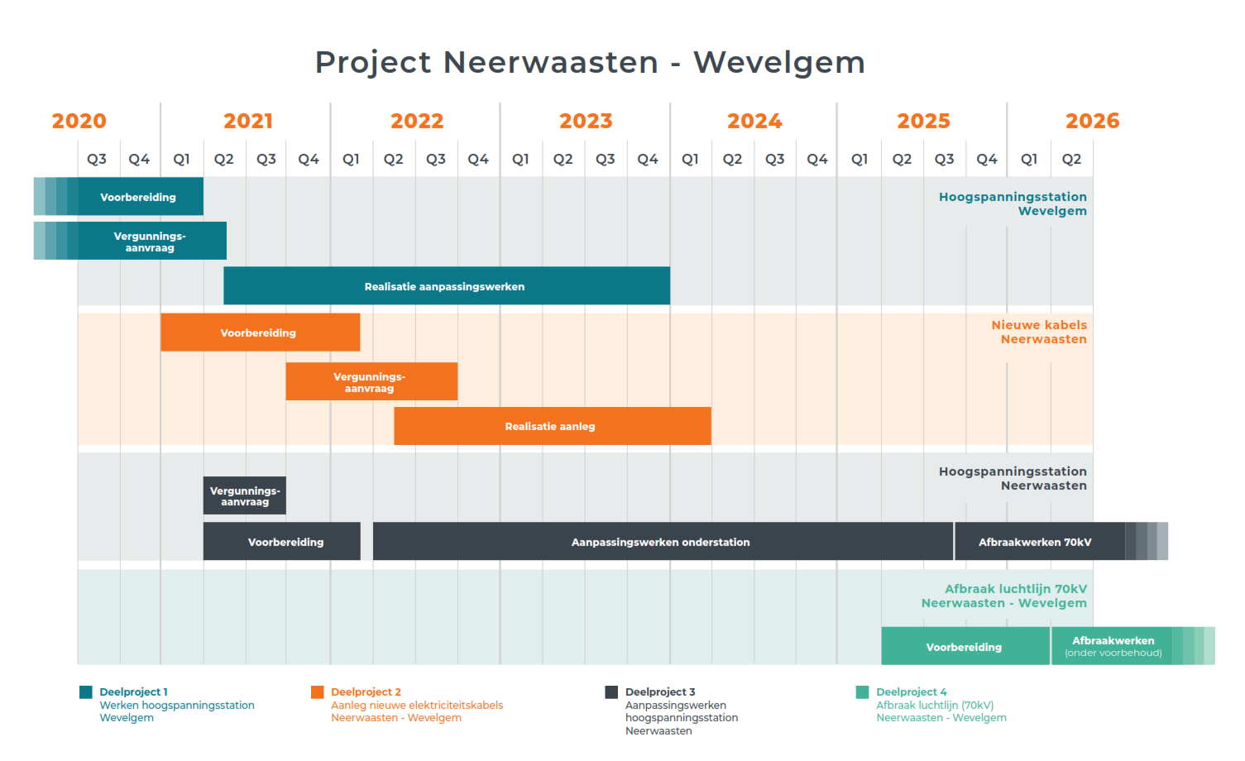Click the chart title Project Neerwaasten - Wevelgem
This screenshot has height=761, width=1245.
(x=590, y=62)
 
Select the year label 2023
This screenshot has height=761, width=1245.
(x=585, y=122)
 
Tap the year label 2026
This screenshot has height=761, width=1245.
(x=1092, y=122)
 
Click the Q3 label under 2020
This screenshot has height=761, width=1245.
(x=96, y=160)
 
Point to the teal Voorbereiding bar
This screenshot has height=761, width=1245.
(x=118, y=196)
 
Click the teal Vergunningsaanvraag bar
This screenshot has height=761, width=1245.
(x=130, y=241)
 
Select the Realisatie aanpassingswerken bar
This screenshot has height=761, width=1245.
(x=447, y=285)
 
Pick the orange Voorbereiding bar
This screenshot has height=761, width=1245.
(x=260, y=333)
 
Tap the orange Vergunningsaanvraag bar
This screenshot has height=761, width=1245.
(x=371, y=381)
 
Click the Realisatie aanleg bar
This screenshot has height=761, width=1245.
(x=553, y=426)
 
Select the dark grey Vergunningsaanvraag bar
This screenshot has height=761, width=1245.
(x=245, y=495)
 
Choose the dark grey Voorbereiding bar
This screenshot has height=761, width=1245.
(x=282, y=541)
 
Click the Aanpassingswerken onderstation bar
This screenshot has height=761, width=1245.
(x=663, y=541)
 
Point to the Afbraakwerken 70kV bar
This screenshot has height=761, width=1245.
(x=1061, y=541)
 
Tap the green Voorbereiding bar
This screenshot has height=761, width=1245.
(x=965, y=646)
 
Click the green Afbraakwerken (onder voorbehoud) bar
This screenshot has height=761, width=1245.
(x=1133, y=646)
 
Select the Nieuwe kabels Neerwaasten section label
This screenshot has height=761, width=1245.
(x=1039, y=332)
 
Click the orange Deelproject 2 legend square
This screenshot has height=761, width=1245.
(x=318, y=692)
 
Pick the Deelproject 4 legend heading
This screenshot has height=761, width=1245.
(x=912, y=692)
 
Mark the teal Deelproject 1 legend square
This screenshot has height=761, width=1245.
(x=85, y=692)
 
